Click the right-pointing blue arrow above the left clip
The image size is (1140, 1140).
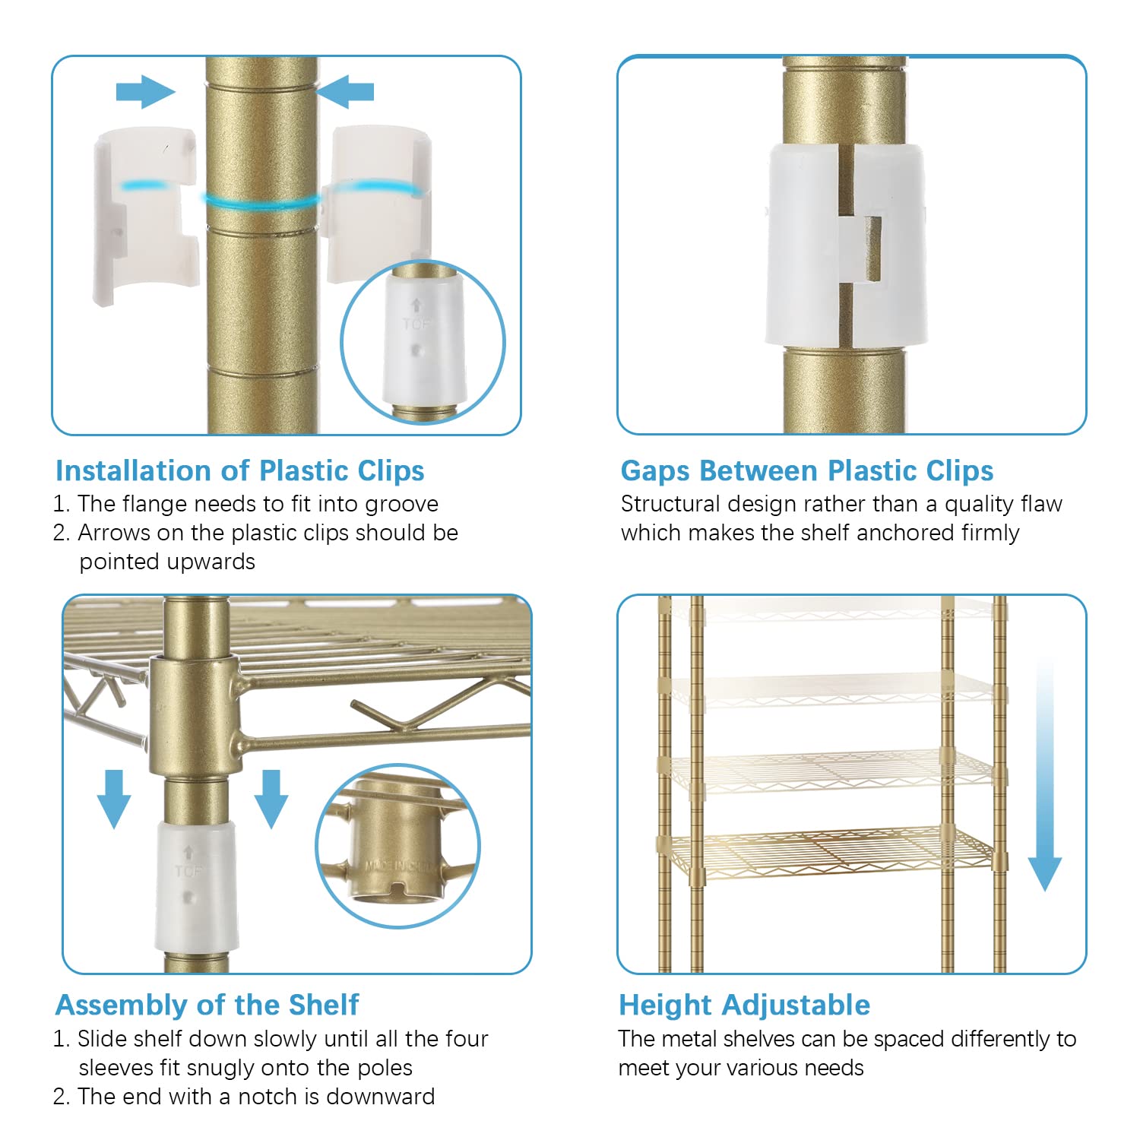[x=145, y=92]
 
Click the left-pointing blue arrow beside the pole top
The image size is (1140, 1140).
[x=345, y=92]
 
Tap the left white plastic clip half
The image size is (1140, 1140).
[x=145, y=217]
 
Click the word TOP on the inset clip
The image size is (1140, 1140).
[x=415, y=325]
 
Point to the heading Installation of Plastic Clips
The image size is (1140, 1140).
[x=240, y=471]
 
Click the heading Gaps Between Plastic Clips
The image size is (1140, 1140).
[x=807, y=471]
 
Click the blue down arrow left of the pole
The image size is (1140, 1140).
[x=114, y=798]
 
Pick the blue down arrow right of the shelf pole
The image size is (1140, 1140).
[x=271, y=798]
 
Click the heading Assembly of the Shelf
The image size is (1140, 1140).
[x=207, y=1005]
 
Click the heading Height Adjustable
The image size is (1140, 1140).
[x=745, y=1005]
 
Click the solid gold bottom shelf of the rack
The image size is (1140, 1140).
[x=828, y=855]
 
